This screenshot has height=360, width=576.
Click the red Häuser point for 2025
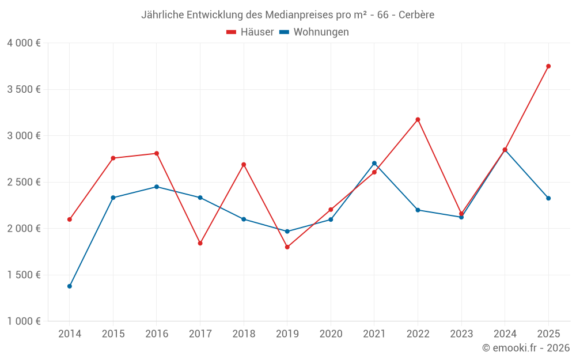[x=548, y=66]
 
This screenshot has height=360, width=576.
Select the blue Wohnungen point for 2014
[x=70, y=286]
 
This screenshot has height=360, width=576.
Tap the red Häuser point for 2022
[x=418, y=120]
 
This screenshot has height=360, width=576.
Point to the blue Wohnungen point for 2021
[x=374, y=163]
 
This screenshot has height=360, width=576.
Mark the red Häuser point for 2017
[x=200, y=243]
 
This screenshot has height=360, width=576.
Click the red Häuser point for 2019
[x=287, y=247]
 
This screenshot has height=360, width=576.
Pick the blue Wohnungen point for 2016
[x=157, y=187]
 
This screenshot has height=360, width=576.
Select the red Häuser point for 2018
[x=244, y=165]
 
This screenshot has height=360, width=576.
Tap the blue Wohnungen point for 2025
[x=548, y=198]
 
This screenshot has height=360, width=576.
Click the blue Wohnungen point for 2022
[x=418, y=210]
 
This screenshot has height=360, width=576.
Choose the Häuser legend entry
[x=250, y=32]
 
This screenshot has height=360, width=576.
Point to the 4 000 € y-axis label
[x=24, y=43]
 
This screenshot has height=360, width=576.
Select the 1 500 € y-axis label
[x=24, y=275]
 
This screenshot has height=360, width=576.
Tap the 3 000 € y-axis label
[x=24, y=136]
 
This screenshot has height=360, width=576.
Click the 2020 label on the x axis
[x=331, y=334]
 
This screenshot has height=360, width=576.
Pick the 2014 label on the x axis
[x=70, y=334]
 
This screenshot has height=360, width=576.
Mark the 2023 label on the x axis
[x=461, y=334]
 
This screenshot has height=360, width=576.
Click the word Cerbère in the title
[x=416, y=14]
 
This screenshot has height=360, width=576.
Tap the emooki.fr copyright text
[x=526, y=348]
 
